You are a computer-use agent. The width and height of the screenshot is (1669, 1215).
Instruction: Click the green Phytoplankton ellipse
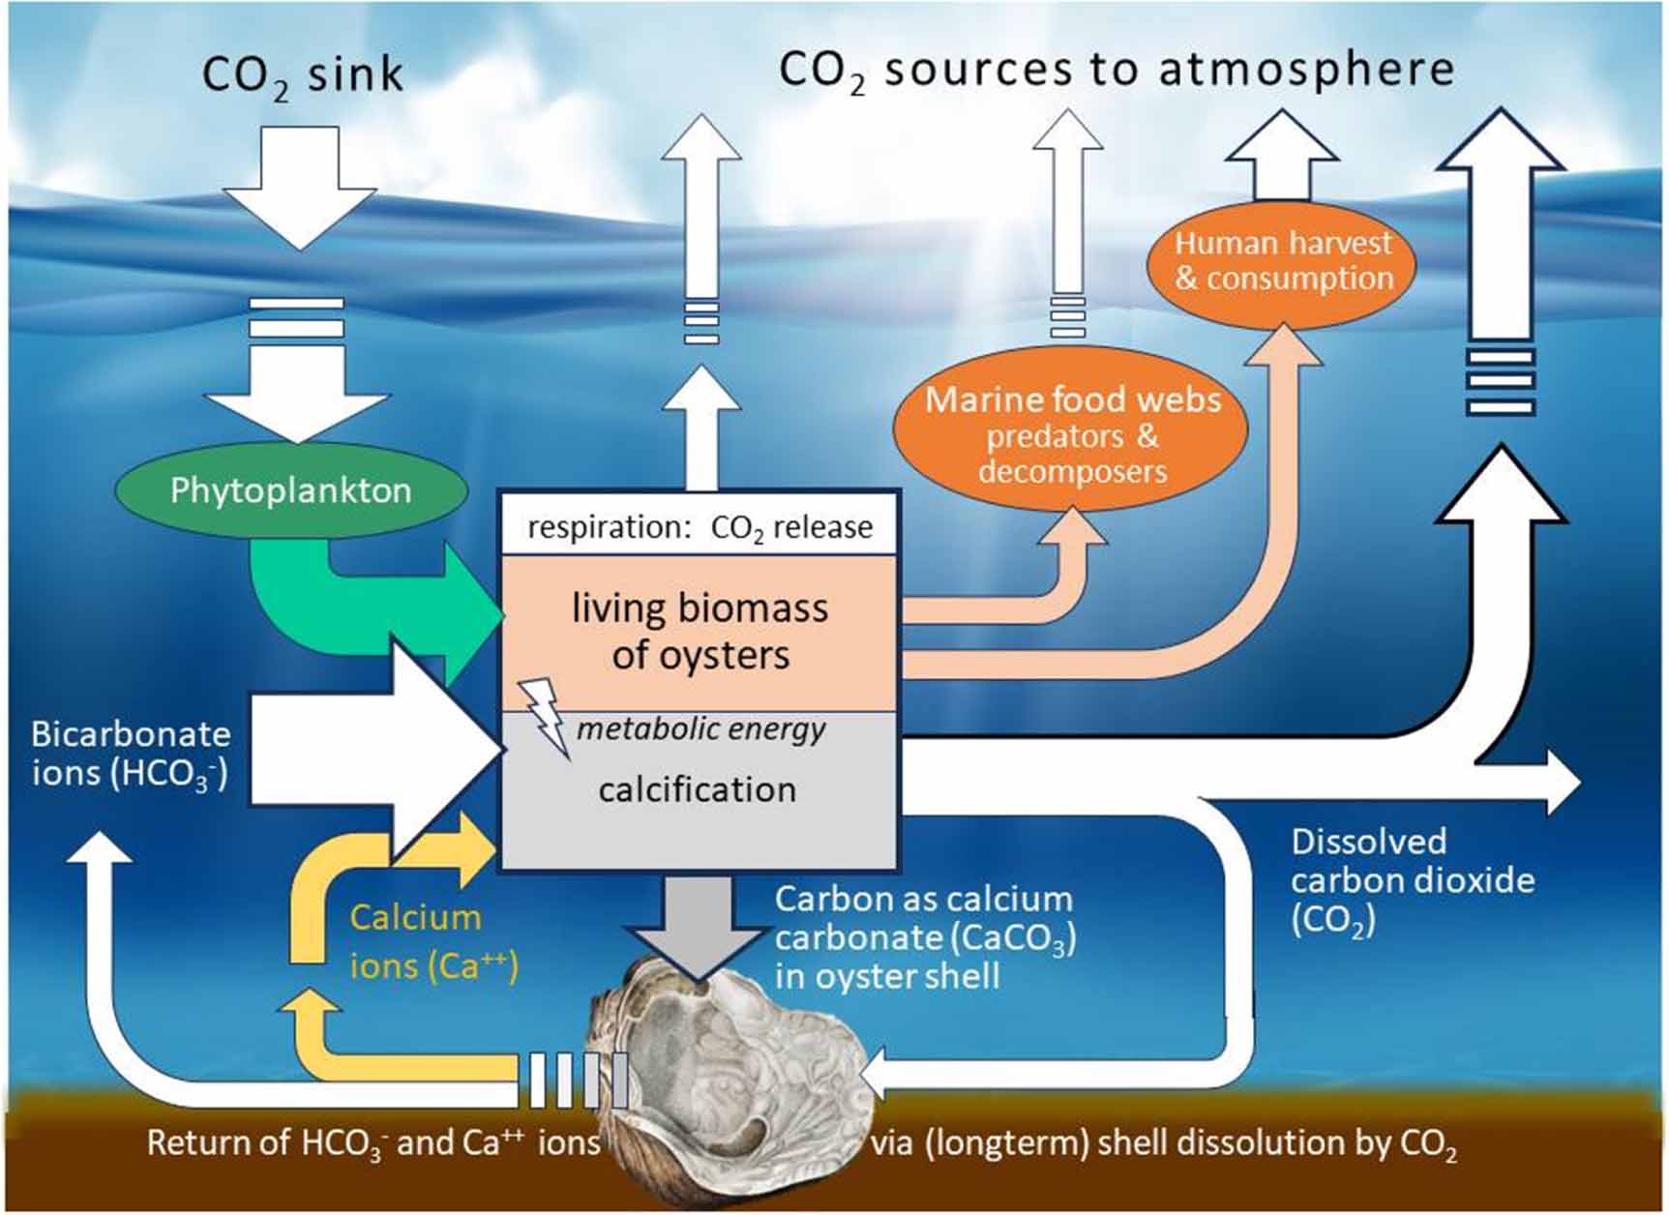(290, 491)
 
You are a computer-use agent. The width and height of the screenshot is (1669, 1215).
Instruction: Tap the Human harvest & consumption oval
(1281, 261)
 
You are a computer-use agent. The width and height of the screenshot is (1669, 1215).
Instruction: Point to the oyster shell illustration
(735, 1074)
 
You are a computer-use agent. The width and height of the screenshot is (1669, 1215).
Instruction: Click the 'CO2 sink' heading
(301, 75)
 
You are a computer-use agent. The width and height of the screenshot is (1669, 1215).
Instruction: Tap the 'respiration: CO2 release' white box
(699, 527)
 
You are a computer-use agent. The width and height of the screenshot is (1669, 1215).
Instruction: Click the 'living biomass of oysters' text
(700, 631)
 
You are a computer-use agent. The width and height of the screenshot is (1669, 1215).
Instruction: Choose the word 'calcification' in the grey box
(697, 789)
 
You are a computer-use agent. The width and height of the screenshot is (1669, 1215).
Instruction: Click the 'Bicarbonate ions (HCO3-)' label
(130, 754)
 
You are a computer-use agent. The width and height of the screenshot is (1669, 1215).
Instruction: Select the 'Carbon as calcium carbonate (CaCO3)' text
(924, 919)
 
